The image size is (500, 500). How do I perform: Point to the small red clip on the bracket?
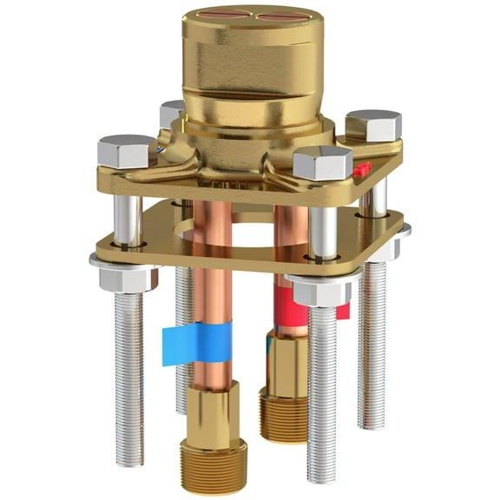click(x=362, y=168)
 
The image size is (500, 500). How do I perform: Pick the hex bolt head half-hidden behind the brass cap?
click(x=172, y=113)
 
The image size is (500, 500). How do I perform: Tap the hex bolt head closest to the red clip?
click(x=323, y=162)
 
